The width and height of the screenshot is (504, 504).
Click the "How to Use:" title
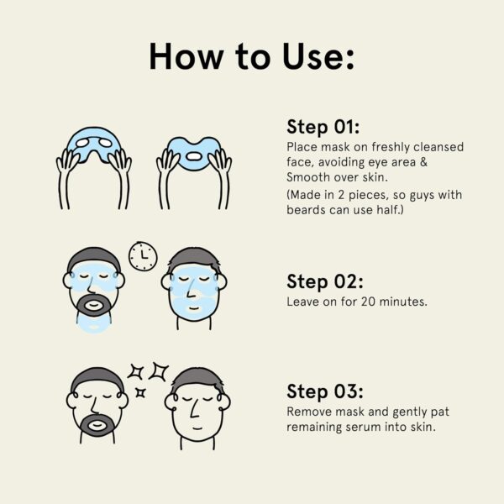252,56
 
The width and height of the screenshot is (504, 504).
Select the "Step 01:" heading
323,127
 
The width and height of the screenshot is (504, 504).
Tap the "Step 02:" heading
325,281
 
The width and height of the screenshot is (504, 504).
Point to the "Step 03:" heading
325,391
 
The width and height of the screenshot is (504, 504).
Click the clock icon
143,256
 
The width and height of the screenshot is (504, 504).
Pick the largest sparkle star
159,371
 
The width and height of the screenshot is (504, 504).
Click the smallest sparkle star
140,392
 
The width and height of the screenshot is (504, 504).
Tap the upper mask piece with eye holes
94,144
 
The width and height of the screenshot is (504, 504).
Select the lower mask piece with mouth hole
193,152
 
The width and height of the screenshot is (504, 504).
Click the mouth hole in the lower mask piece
193,156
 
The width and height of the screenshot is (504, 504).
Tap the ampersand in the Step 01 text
423,161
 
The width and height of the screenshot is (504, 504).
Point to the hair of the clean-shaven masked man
194,258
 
